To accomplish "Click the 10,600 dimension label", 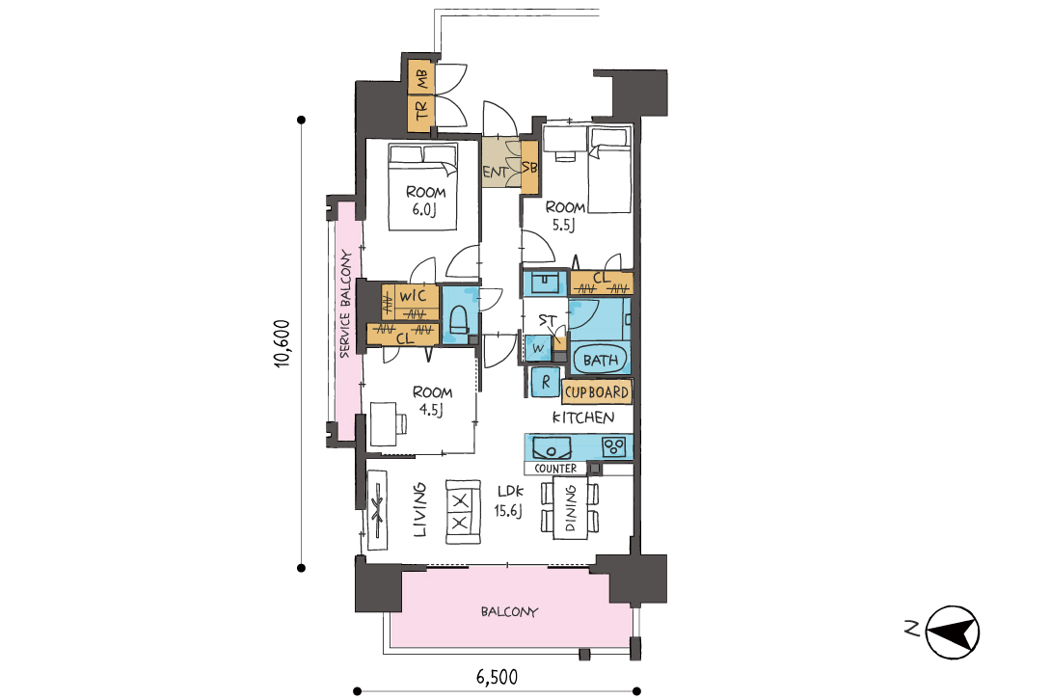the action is click(x=283, y=343).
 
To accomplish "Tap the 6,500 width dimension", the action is click(x=497, y=677).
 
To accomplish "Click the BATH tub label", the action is click(x=601, y=360).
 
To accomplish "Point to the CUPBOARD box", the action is click(x=597, y=392).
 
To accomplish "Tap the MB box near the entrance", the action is click(x=421, y=79).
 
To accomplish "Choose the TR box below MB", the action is click(x=421, y=110).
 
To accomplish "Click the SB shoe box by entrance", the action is click(x=529, y=168).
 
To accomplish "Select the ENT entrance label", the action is click(x=496, y=172).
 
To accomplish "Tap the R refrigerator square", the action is click(x=546, y=382).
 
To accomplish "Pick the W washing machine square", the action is click(x=538, y=349).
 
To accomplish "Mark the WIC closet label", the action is click(x=413, y=296).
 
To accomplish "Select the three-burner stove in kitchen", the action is click(x=614, y=446).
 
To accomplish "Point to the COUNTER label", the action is click(x=555, y=469).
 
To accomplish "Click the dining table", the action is click(x=571, y=507).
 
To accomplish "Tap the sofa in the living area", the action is click(x=463, y=512).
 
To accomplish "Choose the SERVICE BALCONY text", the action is click(x=345, y=304).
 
